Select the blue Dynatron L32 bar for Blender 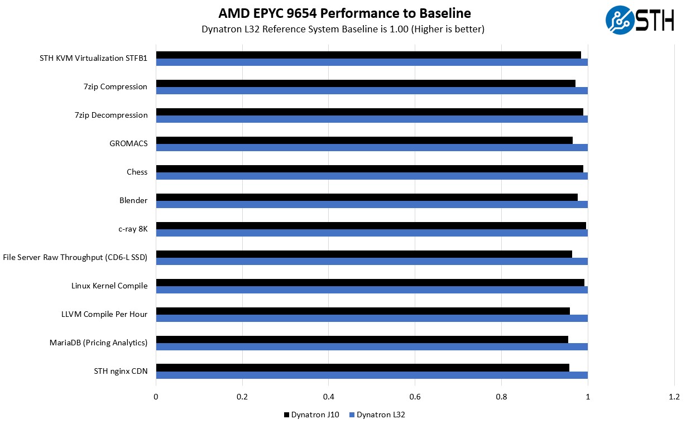(x=372, y=204)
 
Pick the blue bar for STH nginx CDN (x=372, y=375)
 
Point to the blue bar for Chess (x=372, y=176)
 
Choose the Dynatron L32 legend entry (x=377, y=415)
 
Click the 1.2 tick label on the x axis (x=674, y=397)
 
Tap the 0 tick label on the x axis (x=156, y=397)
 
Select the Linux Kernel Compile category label (x=109, y=286)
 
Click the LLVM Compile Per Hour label (x=104, y=314)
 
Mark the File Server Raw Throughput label (x=75, y=257)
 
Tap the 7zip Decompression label (x=111, y=115)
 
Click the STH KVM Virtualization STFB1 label (x=93, y=58)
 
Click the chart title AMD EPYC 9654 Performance (x=344, y=13)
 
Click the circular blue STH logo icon (x=620, y=20)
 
